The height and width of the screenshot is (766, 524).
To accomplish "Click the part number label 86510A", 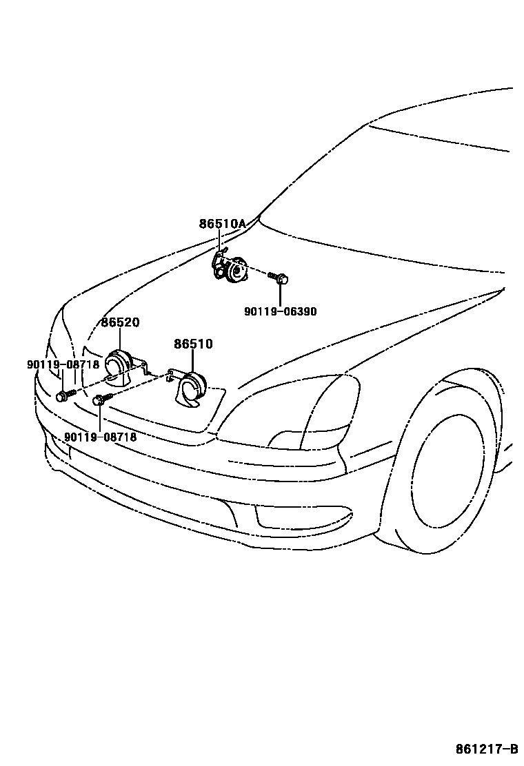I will point(222,224).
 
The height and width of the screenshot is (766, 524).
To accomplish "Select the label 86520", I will point(120,322).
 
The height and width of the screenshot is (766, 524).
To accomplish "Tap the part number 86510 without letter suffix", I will point(193,344).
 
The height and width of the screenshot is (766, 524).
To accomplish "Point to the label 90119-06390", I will point(280,311).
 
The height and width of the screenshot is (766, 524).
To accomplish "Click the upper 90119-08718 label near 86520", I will point(63,364).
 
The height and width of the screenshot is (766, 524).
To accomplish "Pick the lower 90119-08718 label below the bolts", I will point(100,437).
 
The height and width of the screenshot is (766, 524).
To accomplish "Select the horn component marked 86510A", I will point(232,269).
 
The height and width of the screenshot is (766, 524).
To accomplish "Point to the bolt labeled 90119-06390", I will point(281,278).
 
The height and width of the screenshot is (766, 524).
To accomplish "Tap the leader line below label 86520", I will point(120,339).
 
